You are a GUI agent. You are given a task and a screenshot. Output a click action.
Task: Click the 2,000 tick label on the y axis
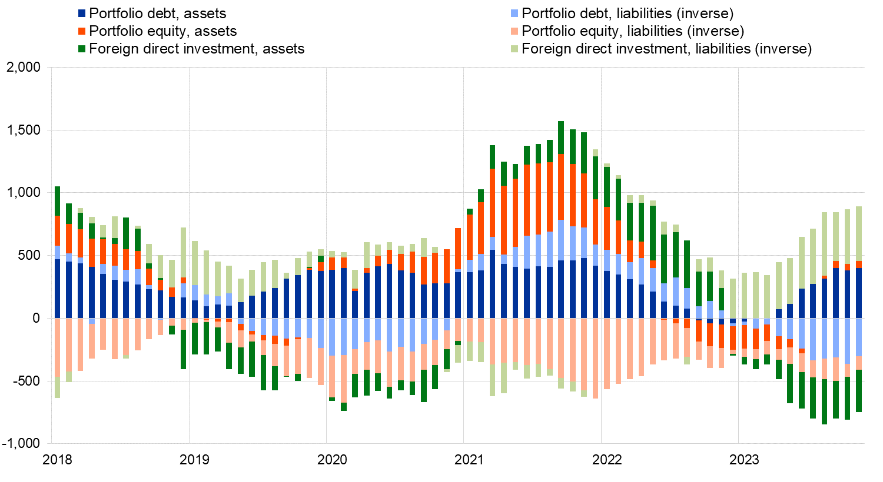(x=24, y=68)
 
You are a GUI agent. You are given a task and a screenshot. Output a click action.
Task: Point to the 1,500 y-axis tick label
(x=24, y=130)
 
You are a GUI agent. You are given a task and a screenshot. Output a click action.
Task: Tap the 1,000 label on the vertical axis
(x=24, y=193)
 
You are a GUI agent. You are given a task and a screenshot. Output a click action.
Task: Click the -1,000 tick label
(x=22, y=444)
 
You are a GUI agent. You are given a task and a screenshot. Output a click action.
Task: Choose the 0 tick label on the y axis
(x=36, y=318)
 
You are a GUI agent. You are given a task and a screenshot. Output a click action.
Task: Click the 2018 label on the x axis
(x=57, y=460)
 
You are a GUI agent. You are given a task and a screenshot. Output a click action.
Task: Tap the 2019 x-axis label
(x=194, y=460)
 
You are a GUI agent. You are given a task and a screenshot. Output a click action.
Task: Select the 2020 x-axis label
(x=332, y=460)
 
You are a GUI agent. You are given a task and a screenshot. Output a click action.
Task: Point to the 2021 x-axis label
(x=469, y=460)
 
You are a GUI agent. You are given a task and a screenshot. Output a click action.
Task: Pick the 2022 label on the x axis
(x=607, y=460)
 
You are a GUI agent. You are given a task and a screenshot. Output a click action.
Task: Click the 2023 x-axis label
(x=744, y=460)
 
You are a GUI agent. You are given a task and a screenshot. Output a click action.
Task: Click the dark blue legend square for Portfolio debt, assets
(x=82, y=14)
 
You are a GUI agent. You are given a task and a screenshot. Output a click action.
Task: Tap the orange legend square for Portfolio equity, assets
(x=82, y=31)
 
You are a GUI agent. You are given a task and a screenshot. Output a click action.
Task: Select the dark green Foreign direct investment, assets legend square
(x=82, y=49)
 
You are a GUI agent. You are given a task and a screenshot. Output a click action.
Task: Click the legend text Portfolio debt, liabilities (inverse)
(x=628, y=14)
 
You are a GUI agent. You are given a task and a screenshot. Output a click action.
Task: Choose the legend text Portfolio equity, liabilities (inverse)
(x=633, y=31)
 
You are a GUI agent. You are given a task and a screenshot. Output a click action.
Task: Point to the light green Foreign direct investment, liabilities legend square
(x=514, y=49)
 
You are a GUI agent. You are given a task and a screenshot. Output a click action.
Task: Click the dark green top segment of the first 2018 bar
(x=58, y=201)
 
